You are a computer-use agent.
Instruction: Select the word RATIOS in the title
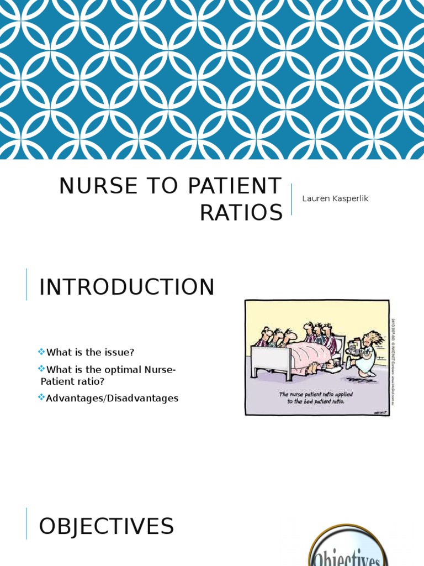241,212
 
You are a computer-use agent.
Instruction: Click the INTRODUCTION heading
126,287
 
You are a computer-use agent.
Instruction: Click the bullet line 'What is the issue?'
91,352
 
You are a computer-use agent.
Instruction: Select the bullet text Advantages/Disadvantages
112,398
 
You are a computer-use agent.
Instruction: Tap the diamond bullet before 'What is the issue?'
41,352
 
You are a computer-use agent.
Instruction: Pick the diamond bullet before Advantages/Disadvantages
41,398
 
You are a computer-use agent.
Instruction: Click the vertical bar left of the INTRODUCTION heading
26,284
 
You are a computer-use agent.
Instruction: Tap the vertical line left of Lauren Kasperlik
291,199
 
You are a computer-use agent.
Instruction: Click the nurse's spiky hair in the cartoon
374,337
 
